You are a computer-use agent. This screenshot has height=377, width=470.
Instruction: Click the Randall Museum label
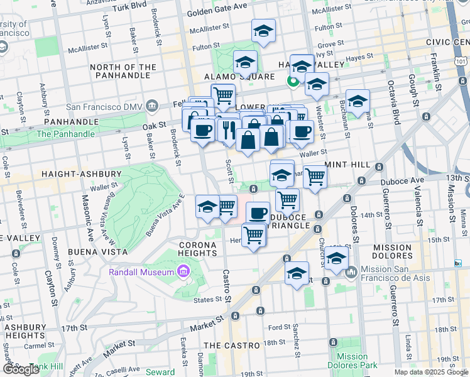coord(141,272)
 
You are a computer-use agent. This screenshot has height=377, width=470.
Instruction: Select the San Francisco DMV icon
coord(151,106)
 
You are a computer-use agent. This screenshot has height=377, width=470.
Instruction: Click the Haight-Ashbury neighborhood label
coord(81,173)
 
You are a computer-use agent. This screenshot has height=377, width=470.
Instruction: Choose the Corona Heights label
coord(202,245)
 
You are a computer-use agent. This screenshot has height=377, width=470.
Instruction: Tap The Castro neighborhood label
coord(232,346)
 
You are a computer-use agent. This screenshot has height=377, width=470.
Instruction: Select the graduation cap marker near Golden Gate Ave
coord(263,30)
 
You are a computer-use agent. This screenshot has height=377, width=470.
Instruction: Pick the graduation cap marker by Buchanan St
coord(358,101)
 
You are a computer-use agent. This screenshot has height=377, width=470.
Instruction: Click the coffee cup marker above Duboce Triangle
coord(257,213)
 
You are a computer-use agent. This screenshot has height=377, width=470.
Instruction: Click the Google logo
coord(21,369)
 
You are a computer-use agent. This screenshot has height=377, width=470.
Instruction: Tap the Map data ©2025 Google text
coord(430,372)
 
